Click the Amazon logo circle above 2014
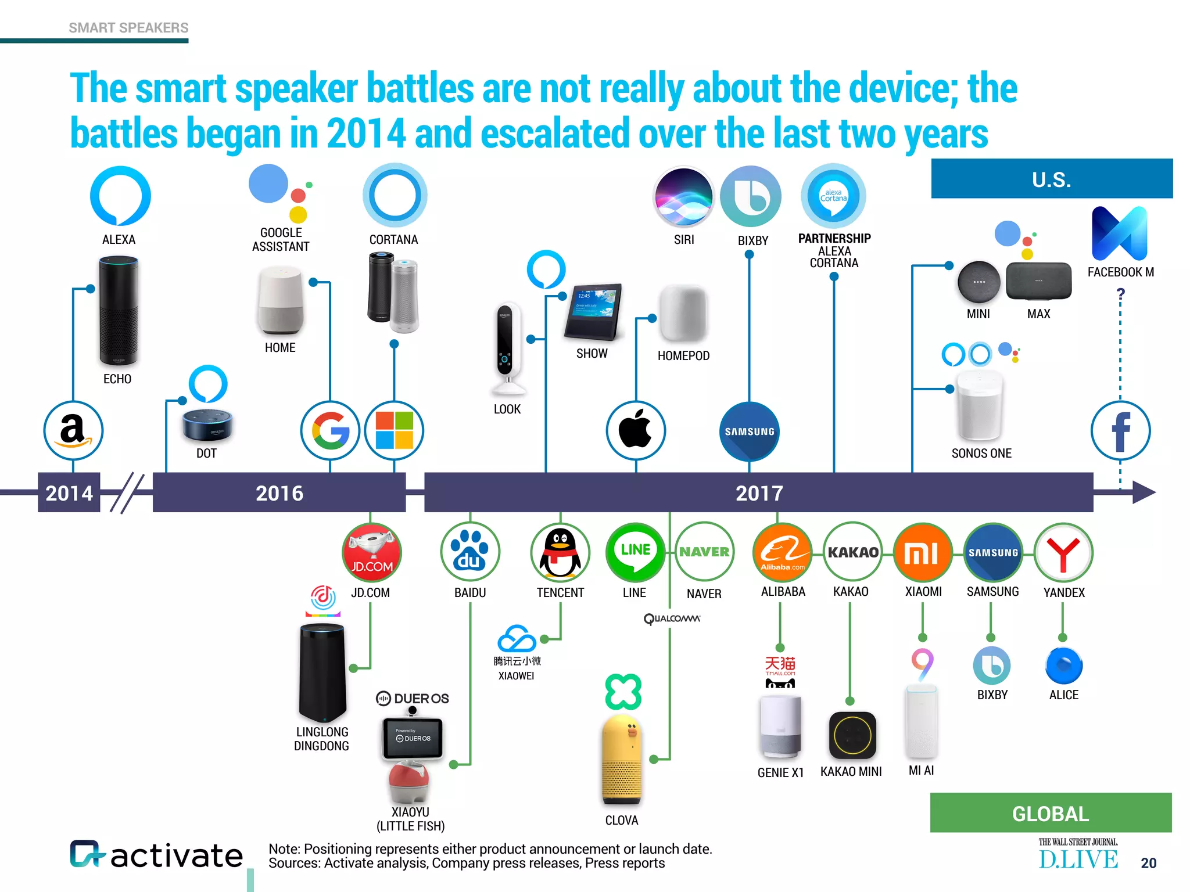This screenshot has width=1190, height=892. (73, 431)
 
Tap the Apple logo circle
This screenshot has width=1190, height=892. (636, 431)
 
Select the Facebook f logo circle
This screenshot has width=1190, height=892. (1120, 431)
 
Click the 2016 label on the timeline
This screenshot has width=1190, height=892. (279, 493)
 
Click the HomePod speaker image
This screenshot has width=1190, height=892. (683, 314)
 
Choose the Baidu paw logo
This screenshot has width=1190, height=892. (469, 552)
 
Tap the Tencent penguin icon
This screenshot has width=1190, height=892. (560, 552)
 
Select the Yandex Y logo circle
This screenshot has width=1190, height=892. (1063, 552)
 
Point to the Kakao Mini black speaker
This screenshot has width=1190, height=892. (852, 735)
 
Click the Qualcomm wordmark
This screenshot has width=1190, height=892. (672, 618)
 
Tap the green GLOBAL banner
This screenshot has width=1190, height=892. (1051, 813)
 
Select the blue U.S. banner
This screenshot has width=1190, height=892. (1052, 179)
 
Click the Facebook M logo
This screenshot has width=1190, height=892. (1120, 233)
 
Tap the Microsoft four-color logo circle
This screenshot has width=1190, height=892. (394, 431)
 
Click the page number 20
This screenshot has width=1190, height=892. (1148, 863)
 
